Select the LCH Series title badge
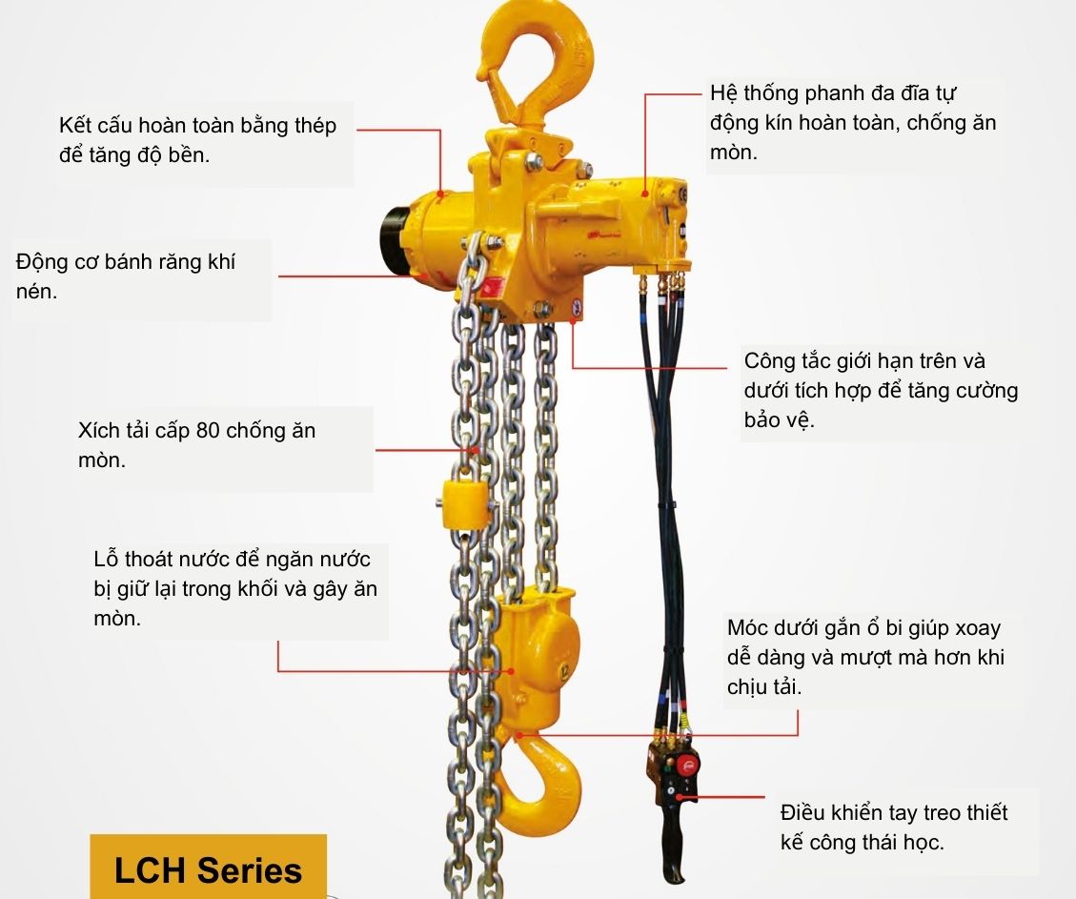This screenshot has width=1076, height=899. pyautogui.click(x=208, y=868)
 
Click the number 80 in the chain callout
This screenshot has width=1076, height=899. pyautogui.click(x=208, y=431)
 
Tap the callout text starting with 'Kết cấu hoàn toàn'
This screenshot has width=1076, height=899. pyautogui.click(x=197, y=140)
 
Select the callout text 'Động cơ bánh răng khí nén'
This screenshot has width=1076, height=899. pyautogui.click(x=125, y=276)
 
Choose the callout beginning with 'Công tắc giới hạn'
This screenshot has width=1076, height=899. pyautogui.click(x=880, y=391)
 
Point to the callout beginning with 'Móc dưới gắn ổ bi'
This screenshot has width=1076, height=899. pyautogui.click(x=864, y=658)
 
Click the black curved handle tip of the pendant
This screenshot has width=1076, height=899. pyautogui.click(x=674, y=870)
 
